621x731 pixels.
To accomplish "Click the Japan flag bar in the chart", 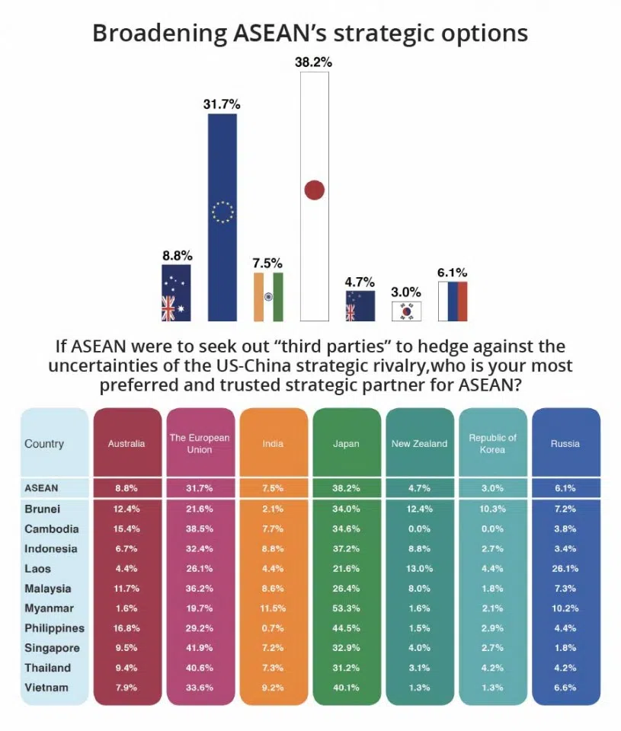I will (x=315, y=198).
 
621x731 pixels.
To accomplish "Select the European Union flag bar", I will (x=222, y=217).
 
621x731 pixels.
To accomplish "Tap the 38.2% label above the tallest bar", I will (x=313, y=63).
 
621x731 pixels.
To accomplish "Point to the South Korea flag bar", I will (x=406, y=311).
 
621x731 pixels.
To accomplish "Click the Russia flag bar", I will (x=453, y=302).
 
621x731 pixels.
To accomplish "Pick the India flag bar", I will (x=268, y=296).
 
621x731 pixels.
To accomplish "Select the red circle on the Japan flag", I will (x=315, y=190).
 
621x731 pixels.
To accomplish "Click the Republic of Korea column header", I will (x=492, y=443).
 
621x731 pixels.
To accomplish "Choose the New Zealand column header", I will (x=419, y=443).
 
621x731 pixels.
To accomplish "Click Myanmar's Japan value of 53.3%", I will (x=346, y=608).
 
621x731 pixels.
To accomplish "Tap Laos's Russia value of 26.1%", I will (x=565, y=569).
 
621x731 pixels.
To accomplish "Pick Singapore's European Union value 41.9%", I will (x=200, y=648).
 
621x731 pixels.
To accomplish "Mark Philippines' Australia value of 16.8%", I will (x=126, y=628).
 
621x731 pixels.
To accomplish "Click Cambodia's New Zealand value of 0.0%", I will (x=419, y=529).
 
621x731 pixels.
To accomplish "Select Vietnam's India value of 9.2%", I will (x=273, y=688).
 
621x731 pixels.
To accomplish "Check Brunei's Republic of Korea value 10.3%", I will (x=492, y=509).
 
